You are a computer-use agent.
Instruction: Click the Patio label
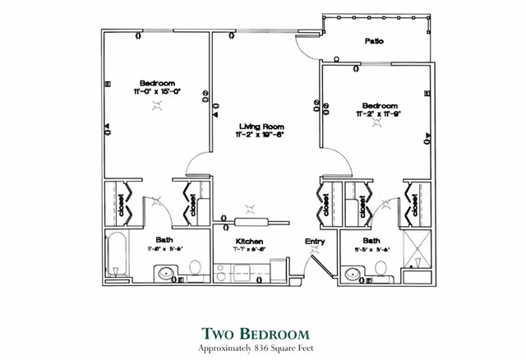[x=376, y=40]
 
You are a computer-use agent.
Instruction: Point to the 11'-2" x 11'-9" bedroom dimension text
[x=380, y=116]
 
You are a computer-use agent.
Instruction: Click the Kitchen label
[x=250, y=241]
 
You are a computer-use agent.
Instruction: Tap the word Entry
[x=315, y=241]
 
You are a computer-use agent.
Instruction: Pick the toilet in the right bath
[x=381, y=268]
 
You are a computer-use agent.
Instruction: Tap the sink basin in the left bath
[x=167, y=273]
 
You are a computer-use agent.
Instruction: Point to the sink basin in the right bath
[x=353, y=273]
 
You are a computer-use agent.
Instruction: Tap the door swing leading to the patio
[x=305, y=48]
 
